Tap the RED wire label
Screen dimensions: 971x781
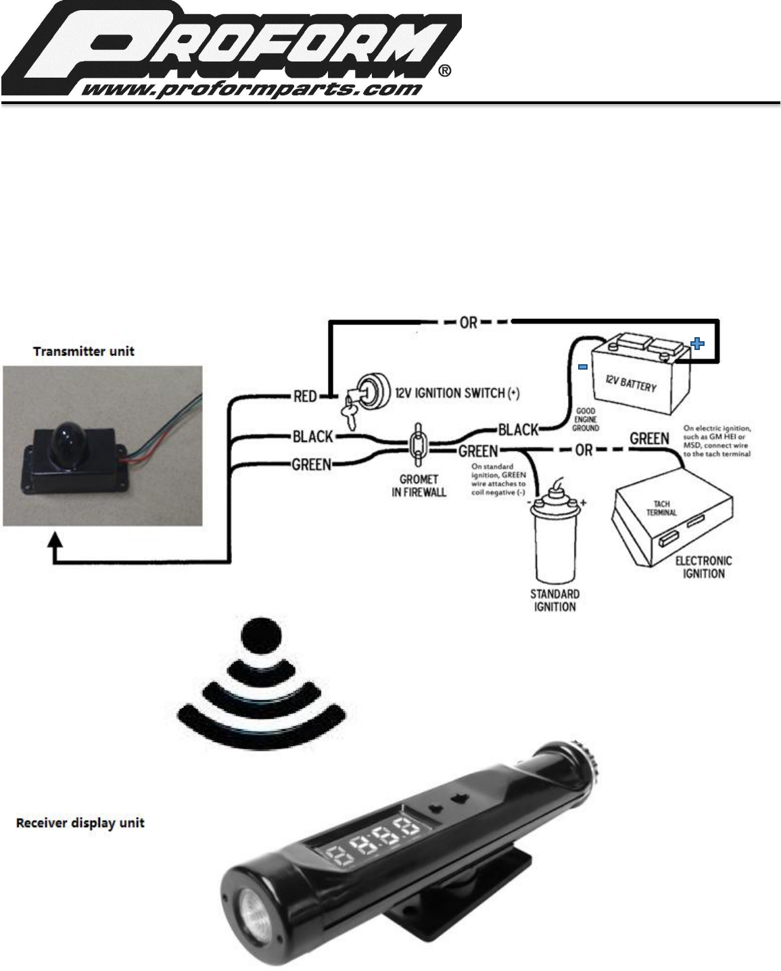point(306,397)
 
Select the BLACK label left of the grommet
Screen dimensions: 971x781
point(312,437)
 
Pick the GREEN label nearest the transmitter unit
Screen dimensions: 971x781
point(311,464)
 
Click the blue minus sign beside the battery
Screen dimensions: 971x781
point(582,367)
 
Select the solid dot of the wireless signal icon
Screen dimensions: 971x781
point(260,635)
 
